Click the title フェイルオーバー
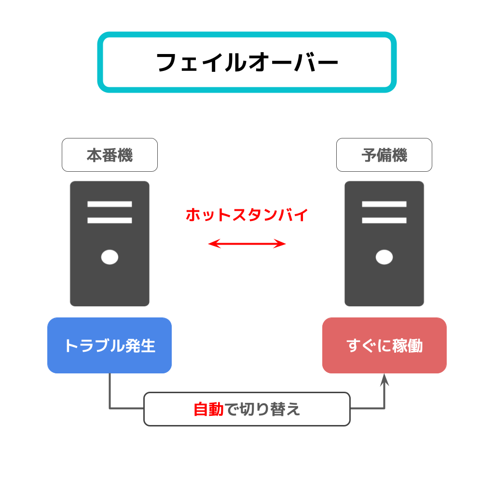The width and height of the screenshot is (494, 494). click(247, 62)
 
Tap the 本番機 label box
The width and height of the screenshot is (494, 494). click(110, 155)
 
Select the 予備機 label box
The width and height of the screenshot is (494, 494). click(384, 155)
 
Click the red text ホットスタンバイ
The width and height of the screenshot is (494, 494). click(247, 215)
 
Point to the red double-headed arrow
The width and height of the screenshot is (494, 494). click(247, 244)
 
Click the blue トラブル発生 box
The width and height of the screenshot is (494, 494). click(110, 345)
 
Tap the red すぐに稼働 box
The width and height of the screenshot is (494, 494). click(384, 345)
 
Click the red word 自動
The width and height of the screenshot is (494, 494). click(208, 409)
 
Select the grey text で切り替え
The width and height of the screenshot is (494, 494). click(262, 409)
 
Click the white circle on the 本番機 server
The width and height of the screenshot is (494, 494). click(110, 257)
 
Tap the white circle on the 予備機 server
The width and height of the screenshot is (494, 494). click(384, 257)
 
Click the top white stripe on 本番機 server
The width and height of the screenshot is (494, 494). click(110, 204)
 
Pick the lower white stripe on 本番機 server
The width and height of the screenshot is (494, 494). click(110, 220)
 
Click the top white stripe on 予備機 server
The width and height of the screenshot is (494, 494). click(384, 204)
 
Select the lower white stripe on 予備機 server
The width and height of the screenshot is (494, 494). click(384, 220)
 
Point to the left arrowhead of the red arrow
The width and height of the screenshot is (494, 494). click(214, 244)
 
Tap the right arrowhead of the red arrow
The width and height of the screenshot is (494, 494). click(280, 244)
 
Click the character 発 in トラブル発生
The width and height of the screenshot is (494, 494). click(133, 346)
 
